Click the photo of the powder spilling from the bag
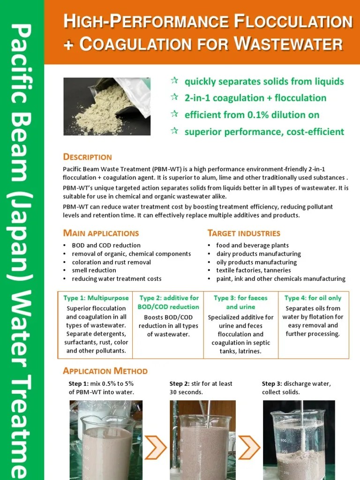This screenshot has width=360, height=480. [107, 106]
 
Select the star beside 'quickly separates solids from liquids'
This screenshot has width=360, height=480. [174, 81]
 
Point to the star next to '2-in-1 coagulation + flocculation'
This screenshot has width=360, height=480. [174, 97]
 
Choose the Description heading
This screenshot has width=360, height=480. [87, 157]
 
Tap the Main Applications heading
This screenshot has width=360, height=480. [101, 233]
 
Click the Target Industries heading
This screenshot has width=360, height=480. [244, 233]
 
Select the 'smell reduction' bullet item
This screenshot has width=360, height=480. [94, 270]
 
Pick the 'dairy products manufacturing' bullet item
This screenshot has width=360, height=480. [258, 254]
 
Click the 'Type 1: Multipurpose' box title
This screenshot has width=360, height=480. [96, 298]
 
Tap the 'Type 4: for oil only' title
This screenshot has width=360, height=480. [313, 298]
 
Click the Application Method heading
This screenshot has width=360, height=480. [105, 371]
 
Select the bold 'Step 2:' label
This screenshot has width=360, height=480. [180, 384]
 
